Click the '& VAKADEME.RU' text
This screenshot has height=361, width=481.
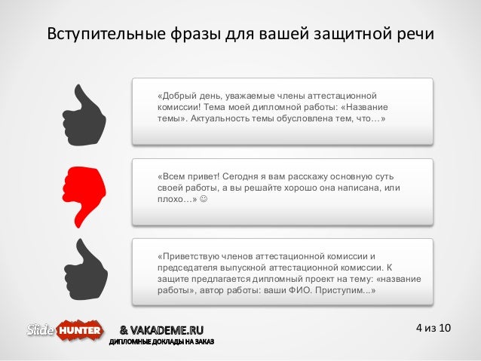[x=161, y=329]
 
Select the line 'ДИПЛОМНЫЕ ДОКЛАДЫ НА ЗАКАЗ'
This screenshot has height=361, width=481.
[x=162, y=343]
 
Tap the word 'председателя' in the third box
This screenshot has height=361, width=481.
[x=187, y=267]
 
